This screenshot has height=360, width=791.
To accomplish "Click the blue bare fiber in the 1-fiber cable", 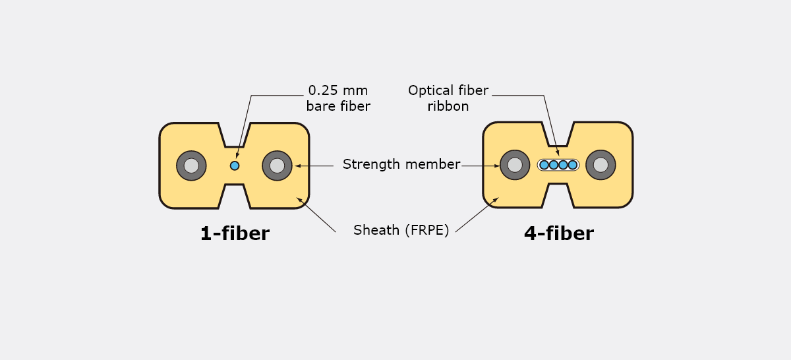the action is tap(235, 165).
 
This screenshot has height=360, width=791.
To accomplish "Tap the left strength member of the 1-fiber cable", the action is tap(191, 165).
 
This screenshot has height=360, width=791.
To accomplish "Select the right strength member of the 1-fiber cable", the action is tap(278, 165).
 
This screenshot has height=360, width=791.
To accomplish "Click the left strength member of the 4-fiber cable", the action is tap(515, 165).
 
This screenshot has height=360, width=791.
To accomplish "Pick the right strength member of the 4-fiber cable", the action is tap(601, 165).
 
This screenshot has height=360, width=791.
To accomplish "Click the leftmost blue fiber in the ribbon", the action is tap(544, 165).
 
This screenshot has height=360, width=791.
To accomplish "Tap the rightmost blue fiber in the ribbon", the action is tap(573, 165).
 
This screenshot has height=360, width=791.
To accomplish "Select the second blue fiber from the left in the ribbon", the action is tap(554, 165).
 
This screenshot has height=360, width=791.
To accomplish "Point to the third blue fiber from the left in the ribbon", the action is tap(563, 165).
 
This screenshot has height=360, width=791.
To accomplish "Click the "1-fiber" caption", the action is tap(235, 233).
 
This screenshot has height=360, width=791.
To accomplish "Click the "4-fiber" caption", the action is tap(559, 233).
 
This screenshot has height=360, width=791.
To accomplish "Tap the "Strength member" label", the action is tap(401, 165).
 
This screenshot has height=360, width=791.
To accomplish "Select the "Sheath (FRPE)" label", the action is tap(401, 230).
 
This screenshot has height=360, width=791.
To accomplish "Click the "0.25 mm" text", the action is tap(338, 91).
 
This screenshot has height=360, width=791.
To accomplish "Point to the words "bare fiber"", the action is tap(338, 106).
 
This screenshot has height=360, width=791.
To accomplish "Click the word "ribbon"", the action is tap(448, 106).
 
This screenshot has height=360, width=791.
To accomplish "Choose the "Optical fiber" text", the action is tap(448, 91).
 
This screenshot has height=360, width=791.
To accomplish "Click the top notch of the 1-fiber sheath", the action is tap(235, 135).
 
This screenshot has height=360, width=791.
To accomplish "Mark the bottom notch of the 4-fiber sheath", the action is tap(558, 195).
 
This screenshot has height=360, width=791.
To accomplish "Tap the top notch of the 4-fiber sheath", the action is tap(558, 135).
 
